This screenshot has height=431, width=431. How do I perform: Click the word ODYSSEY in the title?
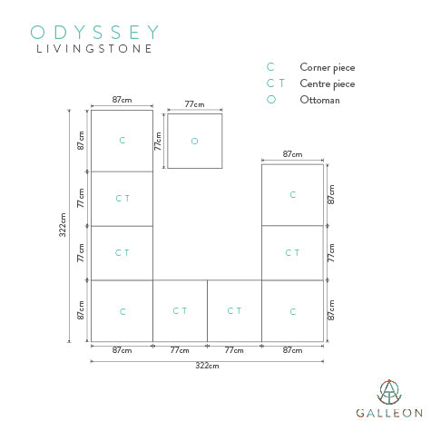pyautogui.click(x=94, y=32)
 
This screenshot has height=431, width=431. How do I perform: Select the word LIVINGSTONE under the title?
pyautogui.click(x=94, y=49)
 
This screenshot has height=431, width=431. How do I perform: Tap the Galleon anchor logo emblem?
pyautogui.click(x=389, y=392)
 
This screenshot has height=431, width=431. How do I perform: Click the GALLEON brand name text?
pyautogui.click(x=389, y=413)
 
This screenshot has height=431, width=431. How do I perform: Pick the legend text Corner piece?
pyautogui.click(x=328, y=67)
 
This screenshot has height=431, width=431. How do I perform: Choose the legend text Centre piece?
pyautogui.click(x=328, y=83)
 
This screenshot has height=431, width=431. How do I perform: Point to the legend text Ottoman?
pyautogui.click(x=319, y=100)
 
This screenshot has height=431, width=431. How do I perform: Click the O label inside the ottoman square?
pyautogui.click(x=194, y=141)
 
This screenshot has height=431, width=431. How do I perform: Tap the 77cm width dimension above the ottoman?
pyautogui.click(x=194, y=104)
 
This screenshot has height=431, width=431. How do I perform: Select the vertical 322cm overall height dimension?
pyautogui.click(x=63, y=225)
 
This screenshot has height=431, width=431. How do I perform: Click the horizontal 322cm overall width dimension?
pyautogui.click(x=207, y=366)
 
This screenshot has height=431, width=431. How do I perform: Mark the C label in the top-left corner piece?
pyautogui.click(x=122, y=140)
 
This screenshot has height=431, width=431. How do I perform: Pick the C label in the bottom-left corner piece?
pyautogui.click(x=122, y=311)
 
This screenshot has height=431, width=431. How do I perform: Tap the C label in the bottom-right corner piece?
pyautogui.click(x=293, y=311)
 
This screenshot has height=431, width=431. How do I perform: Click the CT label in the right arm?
pyautogui.click(x=292, y=252)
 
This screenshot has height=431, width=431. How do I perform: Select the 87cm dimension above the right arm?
pyautogui.click(x=292, y=154)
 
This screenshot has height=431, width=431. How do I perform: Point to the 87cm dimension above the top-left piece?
pyautogui.click(x=122, y=100)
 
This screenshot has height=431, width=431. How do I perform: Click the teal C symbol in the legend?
pyautogui.click(x=270, y=67)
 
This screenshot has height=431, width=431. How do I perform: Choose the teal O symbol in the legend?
pyautogui.click(x=271, y=100)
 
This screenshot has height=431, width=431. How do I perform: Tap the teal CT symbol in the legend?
pyautogui.click(x=276, y=83)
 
